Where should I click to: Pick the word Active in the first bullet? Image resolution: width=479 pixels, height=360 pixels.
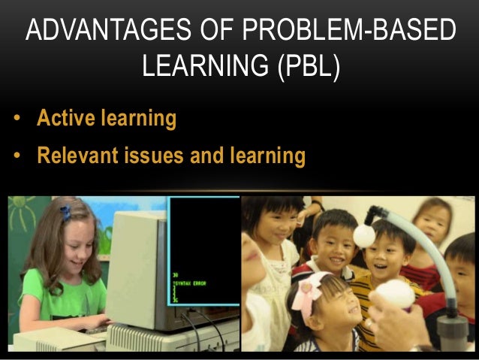point(65,119)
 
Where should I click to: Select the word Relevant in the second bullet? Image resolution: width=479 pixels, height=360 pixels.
point(77,156)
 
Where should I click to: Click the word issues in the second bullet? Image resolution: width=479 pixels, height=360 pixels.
point(157,156)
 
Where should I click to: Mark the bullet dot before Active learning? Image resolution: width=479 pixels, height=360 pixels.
point(16,119)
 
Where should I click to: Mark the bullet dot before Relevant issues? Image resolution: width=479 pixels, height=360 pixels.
point(16,157)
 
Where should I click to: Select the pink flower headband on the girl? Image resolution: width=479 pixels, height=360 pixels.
point(307,289)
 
